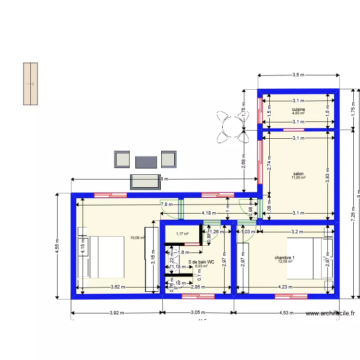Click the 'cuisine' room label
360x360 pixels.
point(298,109)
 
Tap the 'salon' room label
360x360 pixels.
point(298,174)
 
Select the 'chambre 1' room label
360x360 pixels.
point(285,258)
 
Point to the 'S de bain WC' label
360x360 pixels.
point(201,262)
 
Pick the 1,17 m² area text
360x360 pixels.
point(182,234)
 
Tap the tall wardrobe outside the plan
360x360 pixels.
point(31,84)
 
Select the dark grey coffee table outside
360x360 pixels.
point(146,162)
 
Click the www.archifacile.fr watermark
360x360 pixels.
point(330,313)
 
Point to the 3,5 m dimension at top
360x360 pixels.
point(299,75)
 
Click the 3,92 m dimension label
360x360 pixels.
point(116,313)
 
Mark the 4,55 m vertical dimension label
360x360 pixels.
point(57,245)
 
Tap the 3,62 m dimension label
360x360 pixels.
point(117,287)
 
